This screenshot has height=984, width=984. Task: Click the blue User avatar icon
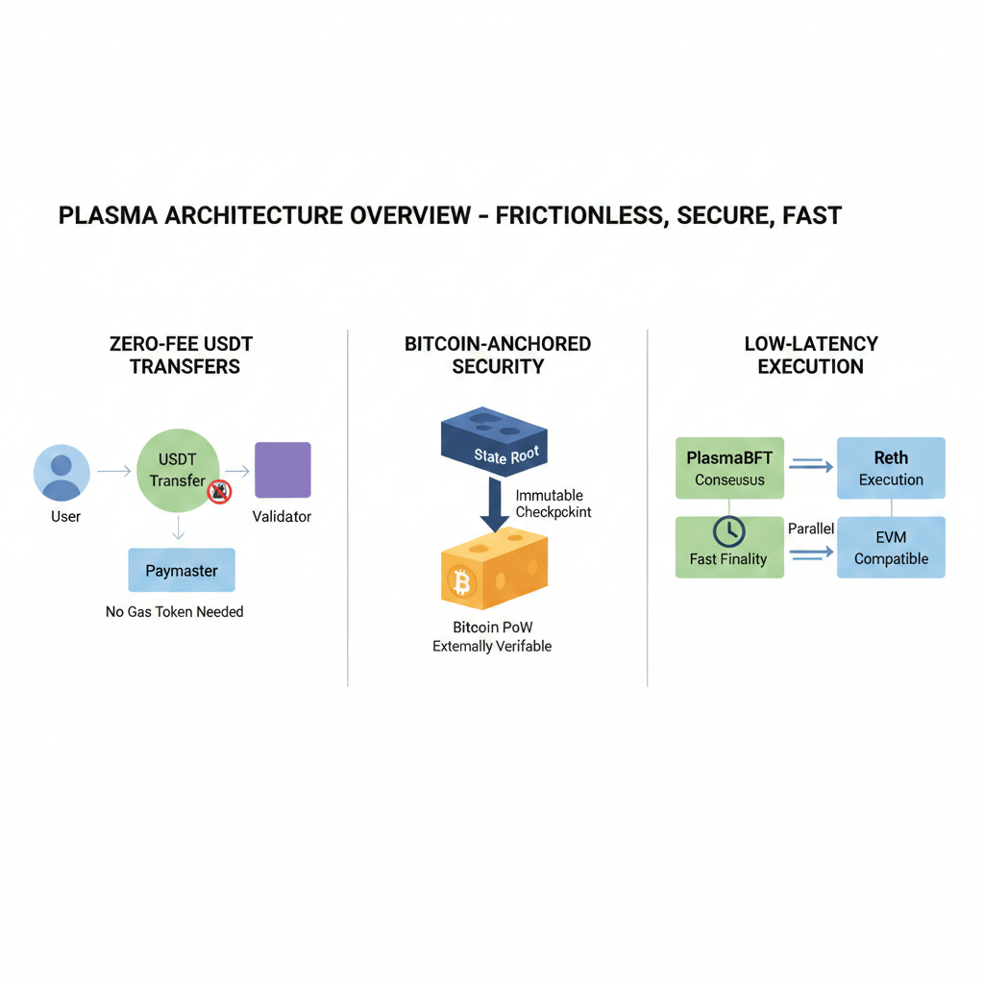coord(61,473)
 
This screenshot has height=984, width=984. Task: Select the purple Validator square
coord(282,470)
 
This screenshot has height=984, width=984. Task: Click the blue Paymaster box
coord(182,571)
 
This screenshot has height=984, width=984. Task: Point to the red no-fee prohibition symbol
coord(219,493)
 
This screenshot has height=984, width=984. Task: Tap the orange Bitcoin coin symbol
coord(462,581)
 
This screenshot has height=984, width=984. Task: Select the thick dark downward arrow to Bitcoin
coord(495,505)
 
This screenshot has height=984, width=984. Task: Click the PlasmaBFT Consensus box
coord(729,468)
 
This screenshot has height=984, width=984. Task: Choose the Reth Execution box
coord(891,468)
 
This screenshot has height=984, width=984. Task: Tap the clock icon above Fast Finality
coord(728,529)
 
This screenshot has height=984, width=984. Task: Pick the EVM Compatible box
coord(891,548)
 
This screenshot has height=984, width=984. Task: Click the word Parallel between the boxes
coord(811,529)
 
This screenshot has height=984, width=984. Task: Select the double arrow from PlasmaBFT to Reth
coord(811,465)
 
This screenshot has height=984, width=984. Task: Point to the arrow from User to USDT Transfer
coord(113,471)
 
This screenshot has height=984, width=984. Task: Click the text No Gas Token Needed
coord(175,611)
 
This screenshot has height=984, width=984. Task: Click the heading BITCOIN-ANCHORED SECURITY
coord(498,355)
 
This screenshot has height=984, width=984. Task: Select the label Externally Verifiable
coord(492,647)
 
